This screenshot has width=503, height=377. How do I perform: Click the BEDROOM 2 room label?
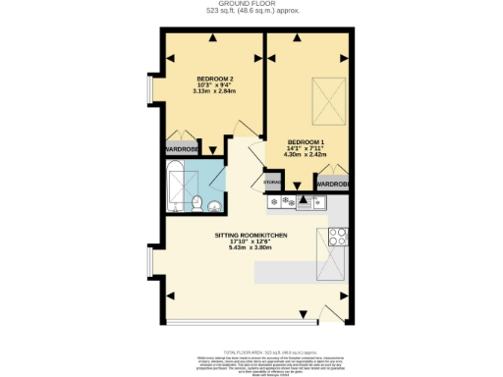(215, 78)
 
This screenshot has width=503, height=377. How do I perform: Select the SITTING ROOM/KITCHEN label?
(251, 235)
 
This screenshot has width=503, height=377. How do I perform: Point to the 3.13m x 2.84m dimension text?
(215, 92)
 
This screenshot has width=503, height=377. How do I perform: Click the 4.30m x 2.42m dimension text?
(304, 153)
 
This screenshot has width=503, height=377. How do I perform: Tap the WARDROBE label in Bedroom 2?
(182, 149)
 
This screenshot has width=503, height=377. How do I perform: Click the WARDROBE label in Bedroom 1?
(332, 184)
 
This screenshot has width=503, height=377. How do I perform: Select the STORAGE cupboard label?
(272, 183)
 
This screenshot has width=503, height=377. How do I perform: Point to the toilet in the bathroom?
(197, 205)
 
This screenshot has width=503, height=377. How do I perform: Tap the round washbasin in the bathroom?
(215, 204)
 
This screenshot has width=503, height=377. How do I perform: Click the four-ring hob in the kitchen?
(338, 236)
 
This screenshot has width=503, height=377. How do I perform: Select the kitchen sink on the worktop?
(306, 203)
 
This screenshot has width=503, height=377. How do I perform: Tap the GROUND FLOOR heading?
(251, 5)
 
